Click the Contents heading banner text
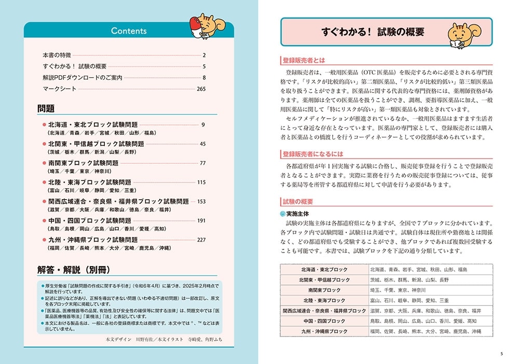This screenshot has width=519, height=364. (129, 31)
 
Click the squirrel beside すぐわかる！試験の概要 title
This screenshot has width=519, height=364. (462, 35)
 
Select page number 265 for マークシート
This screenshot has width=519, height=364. (201, 89)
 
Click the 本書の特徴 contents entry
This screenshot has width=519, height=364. (60, 55)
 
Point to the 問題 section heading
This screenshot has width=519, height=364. (46, 109)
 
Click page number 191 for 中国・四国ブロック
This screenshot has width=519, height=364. (201, 220)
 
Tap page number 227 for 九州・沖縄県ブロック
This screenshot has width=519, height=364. (201, 240)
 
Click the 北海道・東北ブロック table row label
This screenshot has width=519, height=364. (324, 270)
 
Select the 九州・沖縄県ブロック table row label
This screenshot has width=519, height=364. (324, 331)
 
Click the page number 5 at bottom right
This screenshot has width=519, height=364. (501, 354)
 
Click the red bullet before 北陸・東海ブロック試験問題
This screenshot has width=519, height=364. (44, 183)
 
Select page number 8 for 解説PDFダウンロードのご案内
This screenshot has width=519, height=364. (204, 77)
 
